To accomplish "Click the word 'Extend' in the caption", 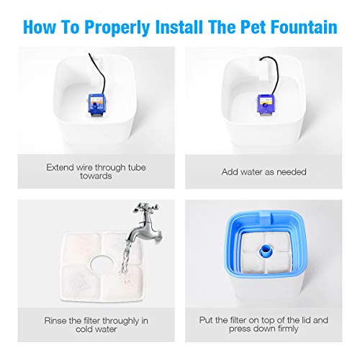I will click(x=62, y=166).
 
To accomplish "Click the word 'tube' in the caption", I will click(x=139, y=166).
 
